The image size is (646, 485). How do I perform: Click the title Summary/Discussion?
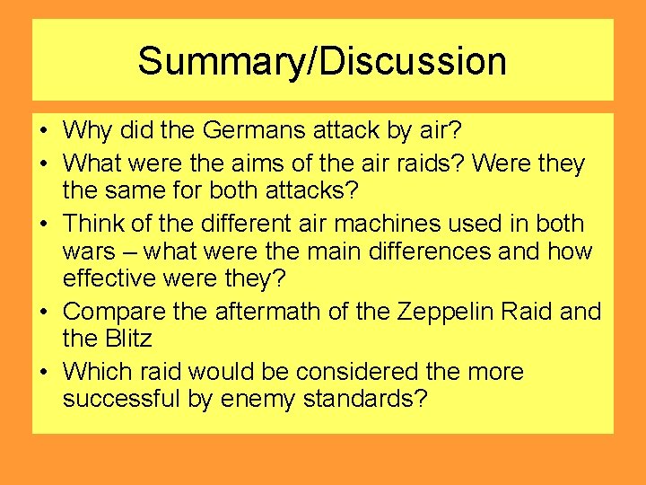[x=322, y=61]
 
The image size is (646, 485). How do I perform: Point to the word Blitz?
[x=128, y=339]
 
